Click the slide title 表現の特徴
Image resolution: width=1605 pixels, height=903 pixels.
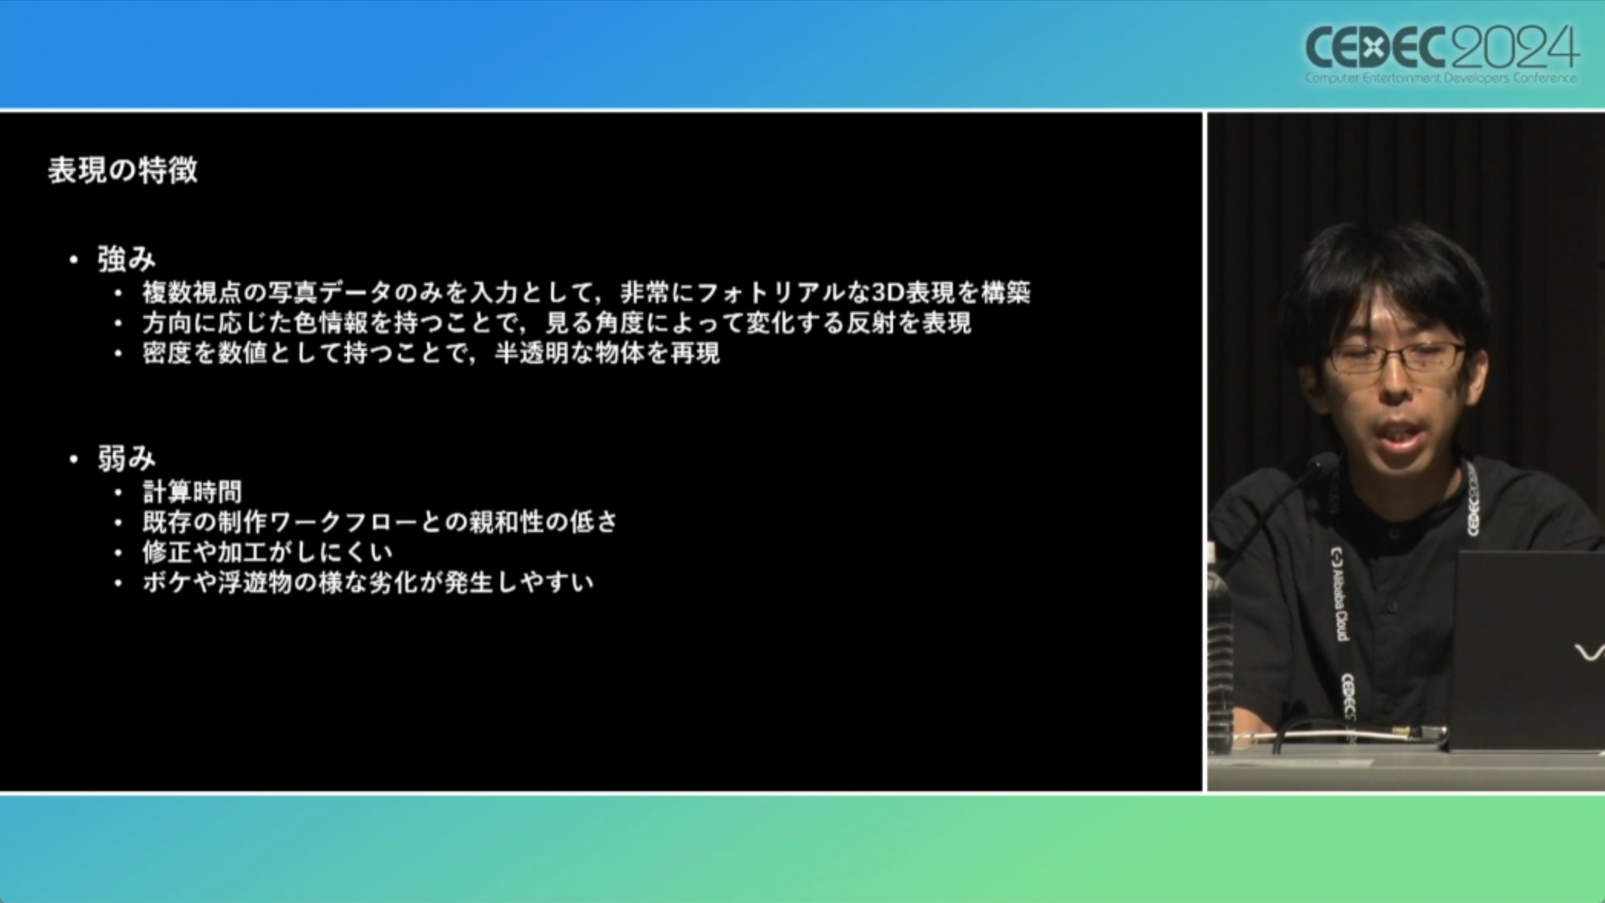tap(123, 170)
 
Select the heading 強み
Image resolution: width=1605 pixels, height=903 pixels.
tap(126, 260)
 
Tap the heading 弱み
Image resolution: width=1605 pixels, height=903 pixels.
tap(126, 459)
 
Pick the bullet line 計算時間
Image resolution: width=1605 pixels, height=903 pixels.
tap(192, 492)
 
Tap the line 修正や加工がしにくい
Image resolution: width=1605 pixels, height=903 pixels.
tap(267, 553)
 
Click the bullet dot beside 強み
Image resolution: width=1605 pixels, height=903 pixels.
tap(74, 261)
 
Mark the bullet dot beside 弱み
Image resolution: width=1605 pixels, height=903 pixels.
tap(74, 460)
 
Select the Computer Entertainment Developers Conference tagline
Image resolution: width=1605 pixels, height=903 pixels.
tap(1441, 78)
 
